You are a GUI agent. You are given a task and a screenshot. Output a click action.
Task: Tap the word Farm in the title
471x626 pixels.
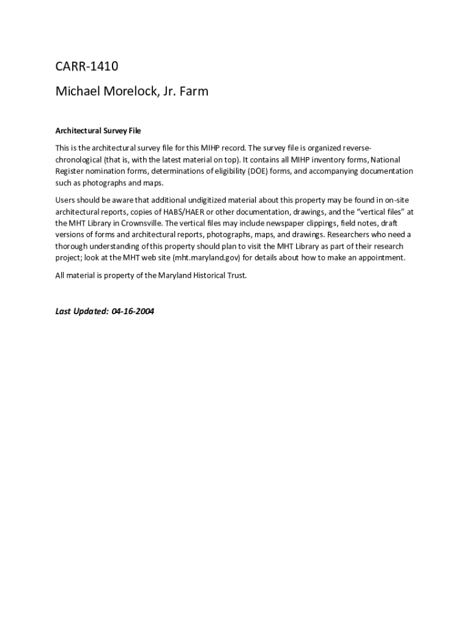[x=195, y=92]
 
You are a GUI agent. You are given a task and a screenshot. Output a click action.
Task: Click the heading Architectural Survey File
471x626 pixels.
[x=98, y=131]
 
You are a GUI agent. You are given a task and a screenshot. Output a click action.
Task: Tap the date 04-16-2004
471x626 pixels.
[x=133, y=311]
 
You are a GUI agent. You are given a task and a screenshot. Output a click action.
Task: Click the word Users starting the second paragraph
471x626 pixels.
[x=65, y=199]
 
